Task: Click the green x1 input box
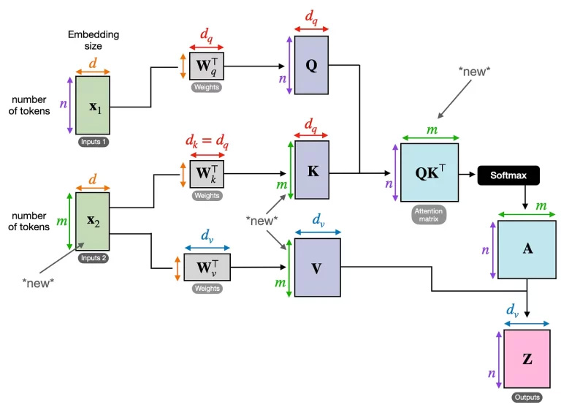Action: click(x=92, y=105)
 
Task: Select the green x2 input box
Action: click(x=92, y=221)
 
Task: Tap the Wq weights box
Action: click(x=207, y=67)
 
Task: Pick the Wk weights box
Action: click(x=207, y=174)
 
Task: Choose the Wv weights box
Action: click(x=207, y=267)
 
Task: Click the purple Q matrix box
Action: click(x=312, y=65)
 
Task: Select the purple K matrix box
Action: click(x=312, y=170)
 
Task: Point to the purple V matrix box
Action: click(x=316, y=267)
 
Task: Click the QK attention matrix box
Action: click(x=430, y=172)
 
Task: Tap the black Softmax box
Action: click(x=508, y=175)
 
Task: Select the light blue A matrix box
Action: click(x=526, y=249)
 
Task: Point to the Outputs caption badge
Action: click(x=526, y=398)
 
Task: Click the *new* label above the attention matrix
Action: click(x=475, y=71)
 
